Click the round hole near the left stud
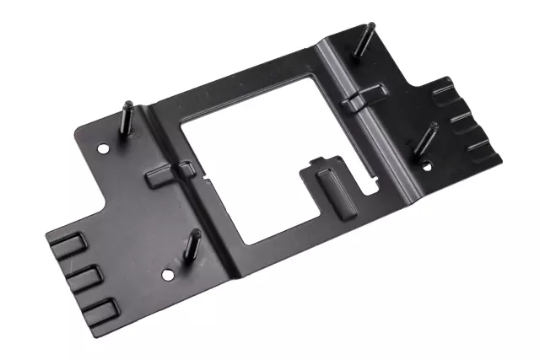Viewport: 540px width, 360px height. (x=103, y=148)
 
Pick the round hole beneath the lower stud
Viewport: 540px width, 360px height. (x=170, y=274)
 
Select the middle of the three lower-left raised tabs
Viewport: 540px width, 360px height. (x=83, y=277)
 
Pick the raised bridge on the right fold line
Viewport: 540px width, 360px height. (x=365, y=96)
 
